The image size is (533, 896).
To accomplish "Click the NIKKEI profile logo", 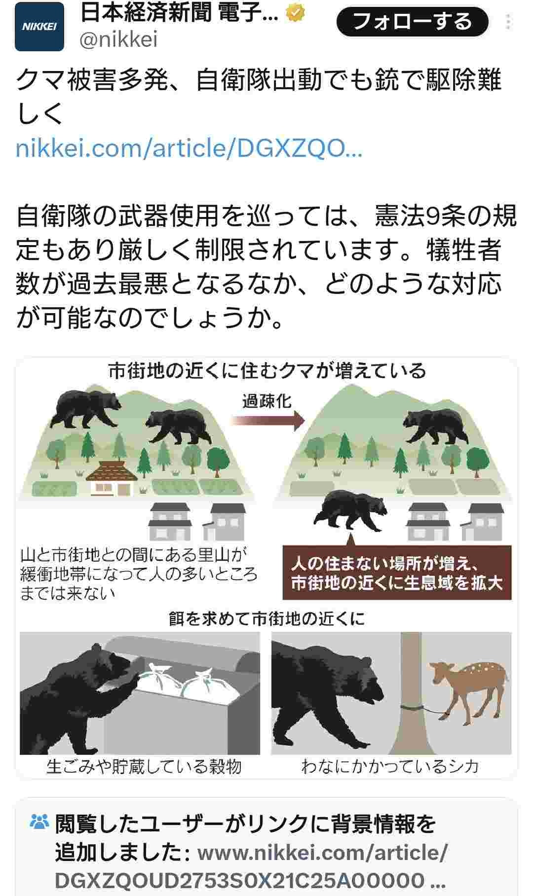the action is (x=39, y=27).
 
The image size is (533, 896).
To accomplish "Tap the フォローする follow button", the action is (x=413, y=22).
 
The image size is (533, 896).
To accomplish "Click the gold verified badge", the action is (x=295, y=13).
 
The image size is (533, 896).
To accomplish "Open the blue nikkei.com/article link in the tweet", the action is (x=189, y=148).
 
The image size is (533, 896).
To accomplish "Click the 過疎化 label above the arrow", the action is (x=267, y=401).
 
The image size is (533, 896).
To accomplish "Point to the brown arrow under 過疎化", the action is (x=268, y=420).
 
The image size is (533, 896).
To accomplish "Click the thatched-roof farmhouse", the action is (x=111, y=478).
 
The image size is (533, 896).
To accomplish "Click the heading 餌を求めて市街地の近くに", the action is (x=266, y=618).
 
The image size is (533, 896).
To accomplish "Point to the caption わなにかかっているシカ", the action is (x=390, y=766).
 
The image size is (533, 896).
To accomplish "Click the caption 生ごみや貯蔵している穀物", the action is (x=144, y=766).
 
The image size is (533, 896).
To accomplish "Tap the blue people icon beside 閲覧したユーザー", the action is (x=40, y=821).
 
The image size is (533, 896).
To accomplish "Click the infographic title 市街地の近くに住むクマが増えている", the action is (x=267, y=371).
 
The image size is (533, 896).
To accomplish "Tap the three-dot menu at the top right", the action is (x=508, y=22).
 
